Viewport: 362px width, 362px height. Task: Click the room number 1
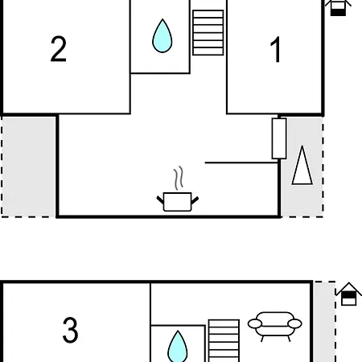point(275,50)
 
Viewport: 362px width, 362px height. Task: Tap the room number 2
point(59,49)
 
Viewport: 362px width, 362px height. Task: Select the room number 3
point(70,330)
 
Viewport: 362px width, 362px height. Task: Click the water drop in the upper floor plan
point(162,36)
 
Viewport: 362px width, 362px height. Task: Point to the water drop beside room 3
point(178,348)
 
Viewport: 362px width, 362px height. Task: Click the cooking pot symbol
point(178,202)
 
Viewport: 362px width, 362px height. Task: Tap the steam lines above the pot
point(179,178)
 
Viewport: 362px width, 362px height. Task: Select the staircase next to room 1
point(208,33)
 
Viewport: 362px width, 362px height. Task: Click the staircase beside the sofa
point(224,340)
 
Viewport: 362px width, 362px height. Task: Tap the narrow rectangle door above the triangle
point(279,138)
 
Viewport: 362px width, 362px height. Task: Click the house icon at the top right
point(338,7)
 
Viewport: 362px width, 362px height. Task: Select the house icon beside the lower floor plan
point(349,294)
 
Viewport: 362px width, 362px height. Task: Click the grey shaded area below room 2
point(29,167)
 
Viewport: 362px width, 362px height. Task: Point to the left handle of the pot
point(160,200)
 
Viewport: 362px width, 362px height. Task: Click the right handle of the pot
point(195,200)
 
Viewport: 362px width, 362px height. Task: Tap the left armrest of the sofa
point(255,323)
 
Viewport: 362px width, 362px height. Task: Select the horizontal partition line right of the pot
point(241,162)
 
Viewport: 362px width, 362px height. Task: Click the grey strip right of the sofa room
point(325,322)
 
